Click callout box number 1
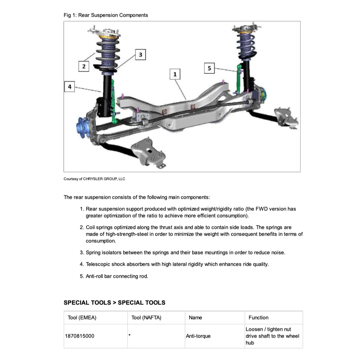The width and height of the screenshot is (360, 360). click(x=175, y=74)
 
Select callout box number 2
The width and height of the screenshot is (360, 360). click(x=84, y=67)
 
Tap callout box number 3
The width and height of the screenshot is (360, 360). click(x=140, y=55)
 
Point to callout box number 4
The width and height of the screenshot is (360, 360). click(x=70, y=87)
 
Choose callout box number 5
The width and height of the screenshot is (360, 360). click(x=210, y=68)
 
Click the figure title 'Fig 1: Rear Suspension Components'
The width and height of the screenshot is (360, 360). click(x=106, y=15)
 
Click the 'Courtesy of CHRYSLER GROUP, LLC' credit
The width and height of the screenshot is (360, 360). click(x=94, y=179)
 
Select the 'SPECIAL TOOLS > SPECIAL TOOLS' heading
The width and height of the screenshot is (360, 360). click(x=114, y=302)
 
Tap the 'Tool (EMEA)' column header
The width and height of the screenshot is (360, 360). click(x=82, y=317)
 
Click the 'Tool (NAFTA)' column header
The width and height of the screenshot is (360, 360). click(x=146, y=317)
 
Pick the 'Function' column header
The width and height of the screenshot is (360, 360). click(x=258, y=317)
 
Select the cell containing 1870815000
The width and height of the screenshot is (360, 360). click(x=80, y=336)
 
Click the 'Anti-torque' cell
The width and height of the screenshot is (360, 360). click(x=198, y=336)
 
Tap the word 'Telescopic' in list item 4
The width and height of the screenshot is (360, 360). click(x=98, y=264)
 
